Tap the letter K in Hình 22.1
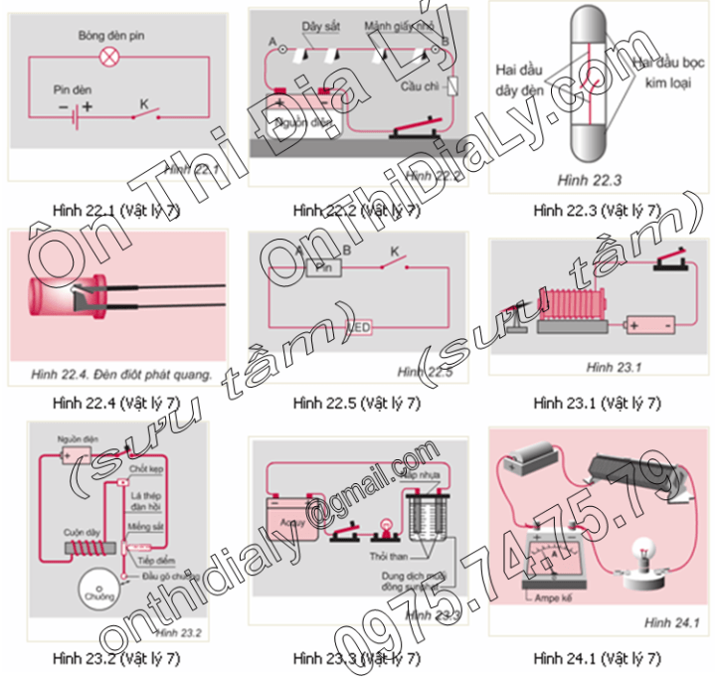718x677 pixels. (144, 101)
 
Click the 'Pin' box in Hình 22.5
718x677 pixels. (321, 266)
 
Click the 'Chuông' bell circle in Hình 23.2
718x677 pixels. (93, 592)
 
